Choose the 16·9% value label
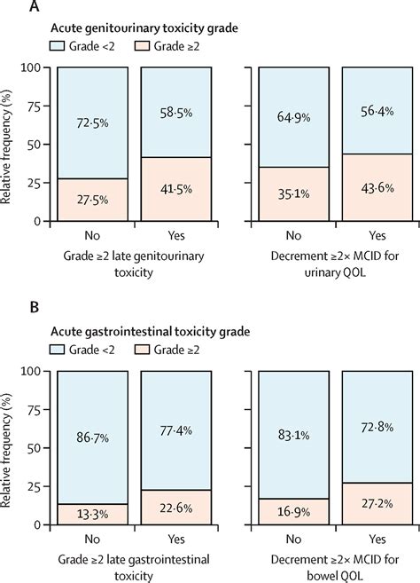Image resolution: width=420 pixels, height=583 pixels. [297, 510]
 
